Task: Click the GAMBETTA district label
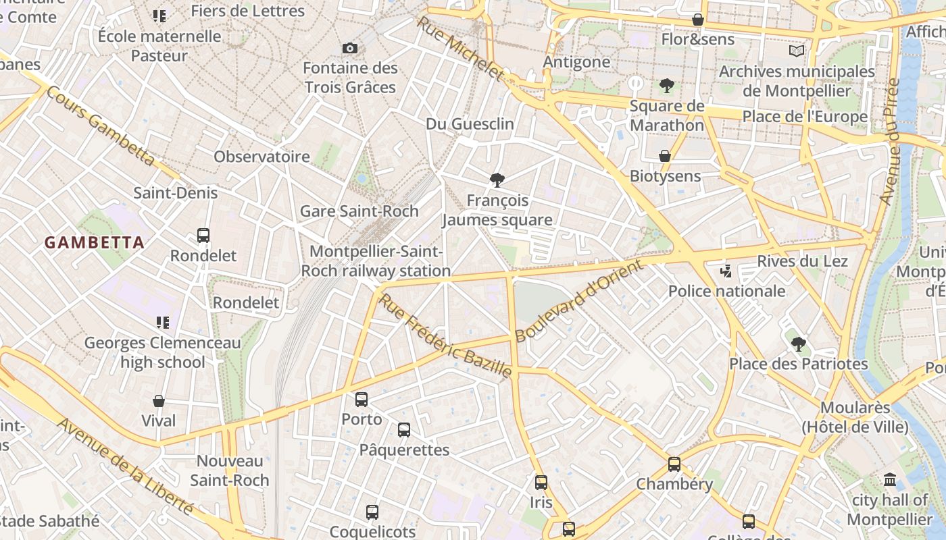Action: [95, 243]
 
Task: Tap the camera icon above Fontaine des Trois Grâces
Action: [349, 48]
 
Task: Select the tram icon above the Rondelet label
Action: [203, 236]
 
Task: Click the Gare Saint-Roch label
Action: [359, 211]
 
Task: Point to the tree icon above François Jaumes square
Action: [497, 180]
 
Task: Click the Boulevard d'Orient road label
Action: [580, 301]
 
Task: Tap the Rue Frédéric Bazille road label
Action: [445, 335]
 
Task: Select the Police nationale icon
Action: [726, 271]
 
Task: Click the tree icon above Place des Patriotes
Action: [798, 344]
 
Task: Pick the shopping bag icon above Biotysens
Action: [665, 156]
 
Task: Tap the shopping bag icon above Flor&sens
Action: [698, 20]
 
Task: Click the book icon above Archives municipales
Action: [797, 51]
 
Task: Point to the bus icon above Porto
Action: [362, 399]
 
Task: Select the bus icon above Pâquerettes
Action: [404, 429]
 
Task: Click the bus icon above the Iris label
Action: [541, 482]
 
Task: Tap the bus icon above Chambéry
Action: [674, 464]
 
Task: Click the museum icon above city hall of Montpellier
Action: [889, 480]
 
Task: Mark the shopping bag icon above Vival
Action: [159, 401]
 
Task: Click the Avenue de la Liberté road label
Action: [126, 466]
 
